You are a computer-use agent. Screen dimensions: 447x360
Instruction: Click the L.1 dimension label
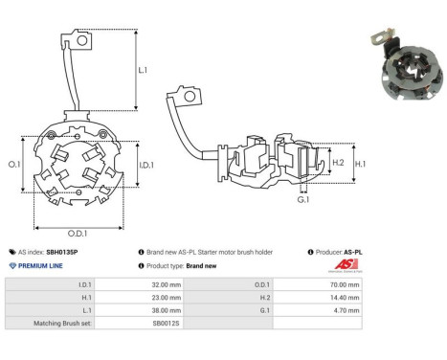[x=143, y=70]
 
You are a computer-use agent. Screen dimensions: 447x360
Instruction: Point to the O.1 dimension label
[x=14, y=164]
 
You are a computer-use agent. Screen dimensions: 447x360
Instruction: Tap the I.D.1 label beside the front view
[x=146, y=165]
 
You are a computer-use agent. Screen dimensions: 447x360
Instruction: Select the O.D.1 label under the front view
[x=78, y=234]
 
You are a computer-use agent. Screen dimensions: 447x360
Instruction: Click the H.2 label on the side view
[x=338, y=163]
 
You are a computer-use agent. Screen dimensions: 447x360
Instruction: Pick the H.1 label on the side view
[x=360, y=164]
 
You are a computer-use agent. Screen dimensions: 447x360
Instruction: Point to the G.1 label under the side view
[x=303, y=200]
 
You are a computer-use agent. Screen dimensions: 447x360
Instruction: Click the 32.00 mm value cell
[x=167, y=284]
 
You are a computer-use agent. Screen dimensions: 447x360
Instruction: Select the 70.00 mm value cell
[x=345, y=284]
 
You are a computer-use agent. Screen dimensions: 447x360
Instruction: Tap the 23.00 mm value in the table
[x=167, y=298]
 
